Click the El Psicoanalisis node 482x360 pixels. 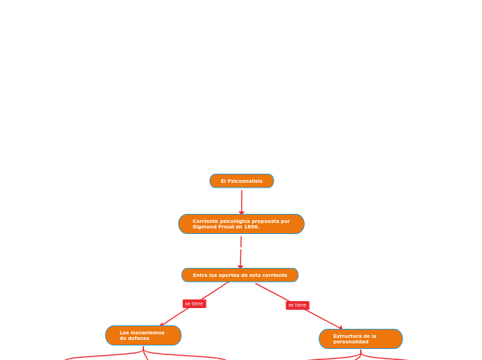coord(242,181)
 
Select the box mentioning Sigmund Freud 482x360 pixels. coord(241,224)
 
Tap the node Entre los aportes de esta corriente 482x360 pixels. coord(240,275)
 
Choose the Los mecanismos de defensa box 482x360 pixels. coord(143,335)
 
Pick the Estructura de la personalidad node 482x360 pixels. coord(361,339)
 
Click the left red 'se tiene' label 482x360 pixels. coord(194,304)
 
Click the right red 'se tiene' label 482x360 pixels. coord(297,305)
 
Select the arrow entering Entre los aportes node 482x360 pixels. coord(240,257)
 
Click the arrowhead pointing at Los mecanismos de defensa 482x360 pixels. coord(162,324)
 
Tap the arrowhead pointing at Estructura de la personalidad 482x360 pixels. coord(340,327)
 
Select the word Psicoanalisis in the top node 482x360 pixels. coord(246,181)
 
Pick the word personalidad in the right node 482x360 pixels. coord(351,342)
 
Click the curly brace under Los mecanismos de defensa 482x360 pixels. coord(144,353)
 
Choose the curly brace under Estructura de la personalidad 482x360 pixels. coord(361,356)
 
